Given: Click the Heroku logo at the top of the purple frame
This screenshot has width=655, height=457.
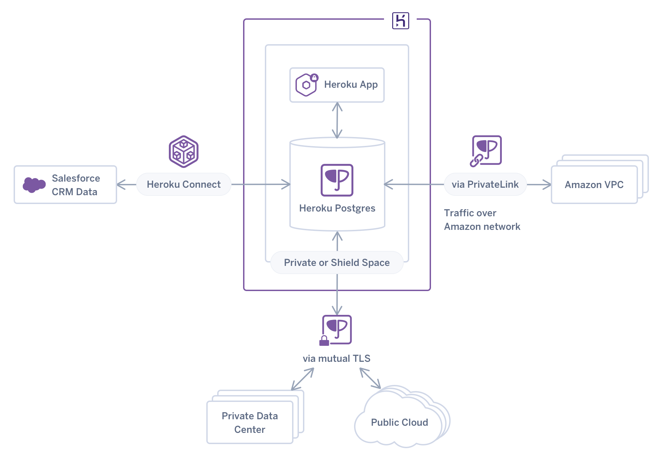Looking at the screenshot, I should click(400, 21).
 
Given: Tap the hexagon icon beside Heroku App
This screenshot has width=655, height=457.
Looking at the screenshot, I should click(306, 85).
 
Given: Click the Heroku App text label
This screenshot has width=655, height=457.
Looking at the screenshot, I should click(351, 84).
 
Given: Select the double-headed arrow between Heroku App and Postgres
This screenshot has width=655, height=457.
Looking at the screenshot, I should click(337, 120).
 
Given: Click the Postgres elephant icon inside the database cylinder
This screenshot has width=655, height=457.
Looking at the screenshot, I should click(337, 180).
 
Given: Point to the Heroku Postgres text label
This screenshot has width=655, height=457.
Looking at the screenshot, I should click(337, 208).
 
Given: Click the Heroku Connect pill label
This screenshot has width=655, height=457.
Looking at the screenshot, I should click(183, 184).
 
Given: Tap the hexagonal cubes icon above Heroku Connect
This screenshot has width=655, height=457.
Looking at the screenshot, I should click(183, 152).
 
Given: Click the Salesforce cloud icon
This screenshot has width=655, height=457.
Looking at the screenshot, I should click(34, 185).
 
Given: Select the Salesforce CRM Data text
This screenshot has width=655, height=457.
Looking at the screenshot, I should click(76, 185).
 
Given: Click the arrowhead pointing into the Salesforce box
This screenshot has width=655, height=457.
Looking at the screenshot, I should click(121, 185).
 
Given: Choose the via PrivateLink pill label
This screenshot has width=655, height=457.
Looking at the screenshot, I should click(485, 184).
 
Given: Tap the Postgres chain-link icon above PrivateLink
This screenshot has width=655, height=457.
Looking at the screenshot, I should click(486, 151).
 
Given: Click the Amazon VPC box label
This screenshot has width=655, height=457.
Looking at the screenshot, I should click(594, 185).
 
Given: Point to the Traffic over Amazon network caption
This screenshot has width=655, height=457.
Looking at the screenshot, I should click(482, 220).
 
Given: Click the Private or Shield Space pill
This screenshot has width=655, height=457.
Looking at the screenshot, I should click(337, 263).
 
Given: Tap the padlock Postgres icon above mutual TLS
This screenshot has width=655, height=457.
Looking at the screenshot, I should click(336, 330).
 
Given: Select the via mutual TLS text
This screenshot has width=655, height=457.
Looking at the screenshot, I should click(336, 358).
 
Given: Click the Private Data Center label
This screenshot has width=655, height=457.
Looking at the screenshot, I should click(250, 422).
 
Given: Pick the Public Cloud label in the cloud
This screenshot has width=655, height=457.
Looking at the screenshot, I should click(399, 422).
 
